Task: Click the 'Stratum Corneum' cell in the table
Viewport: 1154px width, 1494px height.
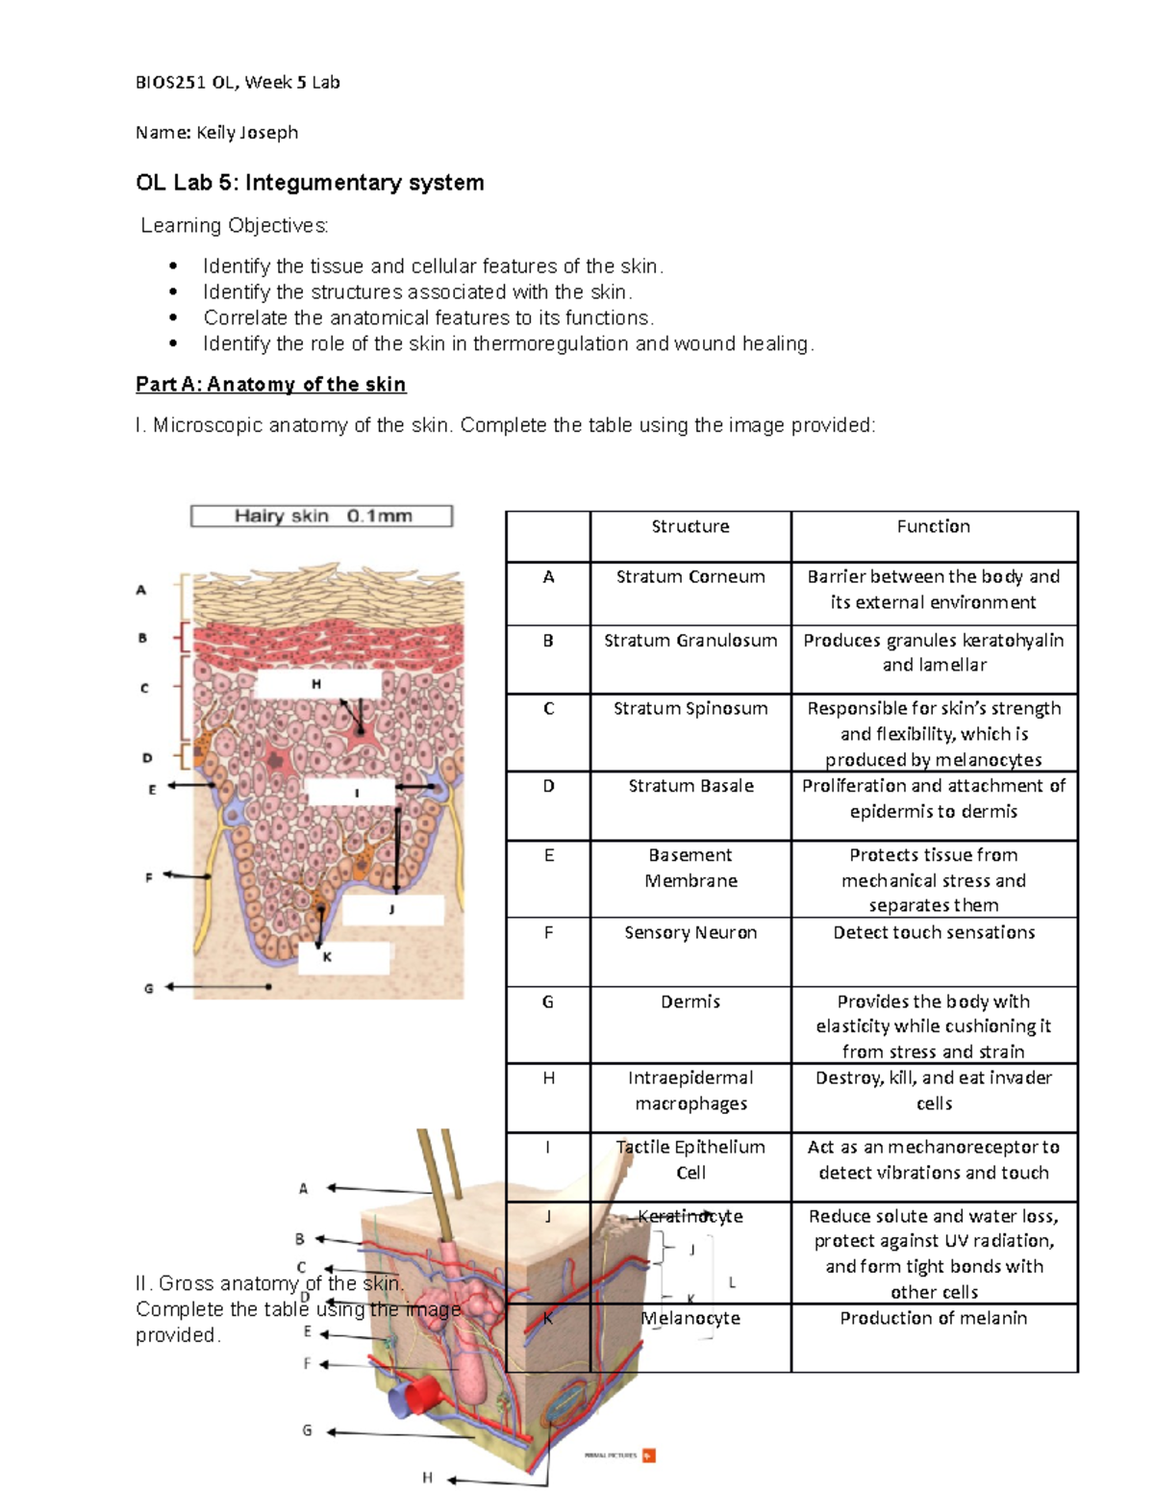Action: (690, 577)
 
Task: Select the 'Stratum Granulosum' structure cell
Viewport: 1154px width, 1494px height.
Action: (690, 641)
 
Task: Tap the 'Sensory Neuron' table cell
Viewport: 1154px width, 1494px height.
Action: (690, 932)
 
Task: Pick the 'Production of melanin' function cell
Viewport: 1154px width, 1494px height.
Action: (933, 1318)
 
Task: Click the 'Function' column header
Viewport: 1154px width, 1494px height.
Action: (933, 526)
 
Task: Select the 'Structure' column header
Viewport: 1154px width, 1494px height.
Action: (690, 526)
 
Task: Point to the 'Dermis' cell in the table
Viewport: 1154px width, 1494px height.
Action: (690, 1001)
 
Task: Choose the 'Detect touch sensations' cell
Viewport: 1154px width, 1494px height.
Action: (933, 932)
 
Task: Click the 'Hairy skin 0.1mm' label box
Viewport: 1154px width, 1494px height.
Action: (321, 517)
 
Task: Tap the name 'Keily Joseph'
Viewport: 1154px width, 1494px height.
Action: (247, 133)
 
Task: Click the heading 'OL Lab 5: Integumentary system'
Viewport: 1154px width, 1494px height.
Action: (310, 183)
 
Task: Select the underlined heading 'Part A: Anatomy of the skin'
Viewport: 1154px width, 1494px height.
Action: (270, 385)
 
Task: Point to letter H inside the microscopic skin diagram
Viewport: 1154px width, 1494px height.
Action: (315, 684)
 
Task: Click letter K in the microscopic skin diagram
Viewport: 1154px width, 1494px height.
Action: (327, 957)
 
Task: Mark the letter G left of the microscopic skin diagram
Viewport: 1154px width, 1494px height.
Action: (148, 988)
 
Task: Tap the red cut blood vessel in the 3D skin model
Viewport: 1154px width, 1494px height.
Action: (415, 1394)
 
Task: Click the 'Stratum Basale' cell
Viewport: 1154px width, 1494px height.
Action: (690, 786)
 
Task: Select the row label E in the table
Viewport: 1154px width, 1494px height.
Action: (548, 855)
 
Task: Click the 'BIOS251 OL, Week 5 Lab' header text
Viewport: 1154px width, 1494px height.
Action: (238, 83)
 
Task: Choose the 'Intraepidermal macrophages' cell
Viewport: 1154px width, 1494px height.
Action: (690, 1091)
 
